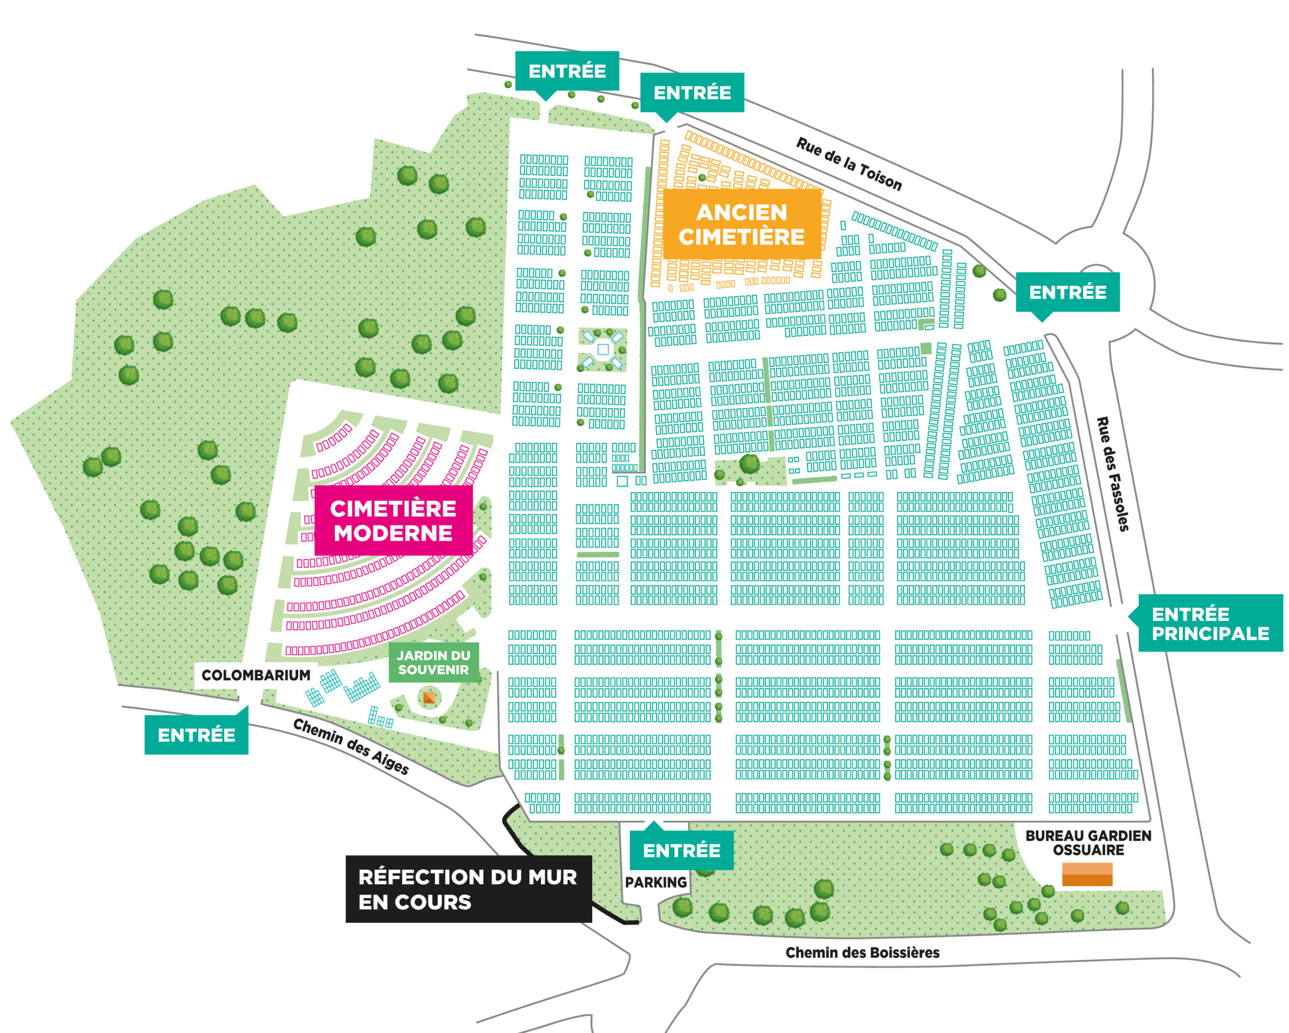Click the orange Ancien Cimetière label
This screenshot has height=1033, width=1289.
(x=741, y=224)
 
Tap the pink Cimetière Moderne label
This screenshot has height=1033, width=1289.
(x=393, y=520)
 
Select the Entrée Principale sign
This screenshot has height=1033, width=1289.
(x=1210, y=624)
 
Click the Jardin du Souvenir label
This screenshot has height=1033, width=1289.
(x=434, y=663)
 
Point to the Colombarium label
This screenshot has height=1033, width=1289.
(x=255, y=676)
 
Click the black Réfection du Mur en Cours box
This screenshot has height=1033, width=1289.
(x=468, y=889)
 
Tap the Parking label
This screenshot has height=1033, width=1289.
(x=656, y=883)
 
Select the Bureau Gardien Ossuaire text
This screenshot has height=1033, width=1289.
(x=1088, y=842)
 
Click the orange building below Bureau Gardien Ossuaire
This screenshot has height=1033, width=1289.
(x=1087, y=874)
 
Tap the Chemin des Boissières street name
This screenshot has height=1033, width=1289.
(x=862, y=953)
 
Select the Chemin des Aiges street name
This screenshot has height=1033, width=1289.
(x=351, y=746)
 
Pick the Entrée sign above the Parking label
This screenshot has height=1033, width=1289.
(x=682, y=850)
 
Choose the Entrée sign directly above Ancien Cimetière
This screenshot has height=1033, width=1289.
(x=692, y=93)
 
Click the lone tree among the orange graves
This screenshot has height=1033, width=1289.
(x=702, y=178)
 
